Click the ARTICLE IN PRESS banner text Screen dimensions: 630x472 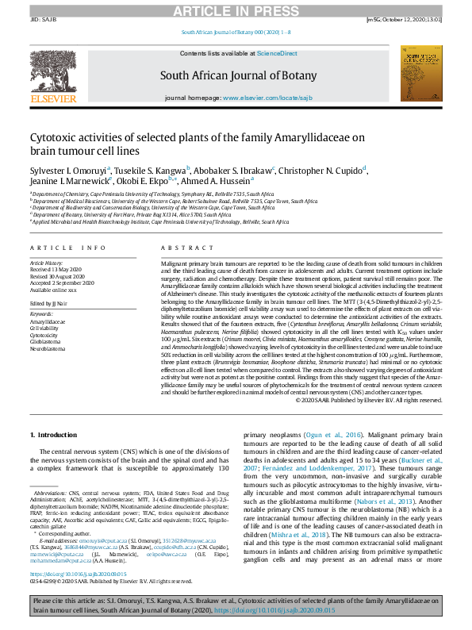236,10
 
